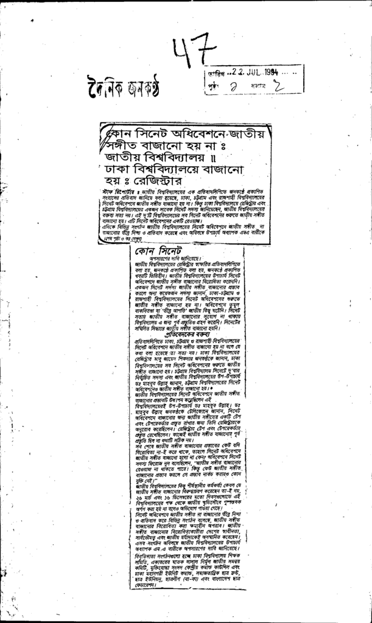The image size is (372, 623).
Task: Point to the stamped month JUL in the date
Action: [x=250, y=72]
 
